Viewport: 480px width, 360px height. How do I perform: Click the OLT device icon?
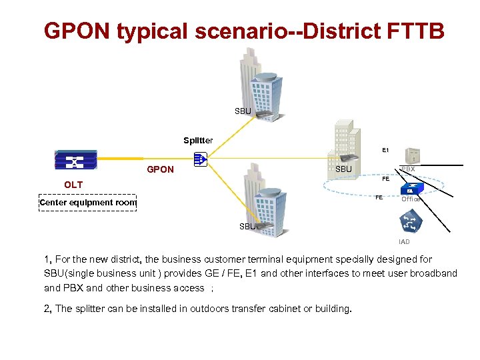pos(77,161)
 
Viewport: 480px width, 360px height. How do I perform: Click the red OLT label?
pos(73,184)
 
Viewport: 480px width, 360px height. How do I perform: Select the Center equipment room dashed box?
pos(87,202)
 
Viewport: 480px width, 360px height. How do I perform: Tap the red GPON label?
pos(160,169)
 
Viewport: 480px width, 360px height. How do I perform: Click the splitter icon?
pos(201,159)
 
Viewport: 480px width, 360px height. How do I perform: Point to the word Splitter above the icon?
pos(198,141)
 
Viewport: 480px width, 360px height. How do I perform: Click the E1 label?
pos(385,151)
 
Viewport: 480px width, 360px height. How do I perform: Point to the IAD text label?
pos(404,241)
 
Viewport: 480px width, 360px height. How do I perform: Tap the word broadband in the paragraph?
pos(429,273)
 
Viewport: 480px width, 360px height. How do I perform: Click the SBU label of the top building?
pos(243,111)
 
